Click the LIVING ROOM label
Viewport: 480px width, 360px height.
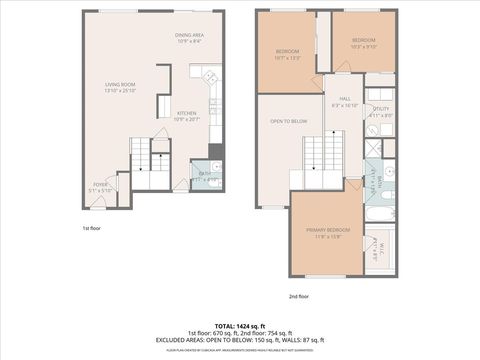(121, 85)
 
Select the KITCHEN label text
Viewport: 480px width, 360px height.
(187, 114)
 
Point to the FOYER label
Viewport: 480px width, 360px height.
(101, 184)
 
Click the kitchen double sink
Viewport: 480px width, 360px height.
(211, 77)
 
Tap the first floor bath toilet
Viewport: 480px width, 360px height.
(217, 167)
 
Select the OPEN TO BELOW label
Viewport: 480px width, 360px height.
(287, 121)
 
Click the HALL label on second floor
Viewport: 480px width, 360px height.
(343, 99)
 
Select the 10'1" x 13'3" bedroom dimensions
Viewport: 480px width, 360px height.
(288, 58)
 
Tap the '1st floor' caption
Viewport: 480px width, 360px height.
(92, 228)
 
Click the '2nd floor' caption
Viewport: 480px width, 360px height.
(299, 296)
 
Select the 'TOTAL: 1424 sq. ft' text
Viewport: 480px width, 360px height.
(239, 326)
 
